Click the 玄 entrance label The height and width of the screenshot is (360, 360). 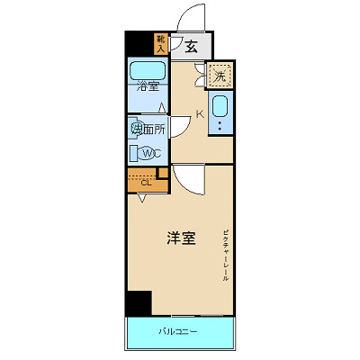(x=192, y=48)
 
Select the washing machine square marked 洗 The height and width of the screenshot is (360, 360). (x=219, y=76)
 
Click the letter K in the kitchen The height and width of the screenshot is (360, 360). (x=201, y=114)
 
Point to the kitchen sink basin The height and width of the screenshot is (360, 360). (x=221, y=114)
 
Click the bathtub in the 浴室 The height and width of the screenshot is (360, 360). (x=148, y=71)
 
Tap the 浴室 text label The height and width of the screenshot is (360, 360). (x=148, y=87)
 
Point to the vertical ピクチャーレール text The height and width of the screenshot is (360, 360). (x=227, y=256)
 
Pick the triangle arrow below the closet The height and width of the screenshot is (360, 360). (x=141, y=198)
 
